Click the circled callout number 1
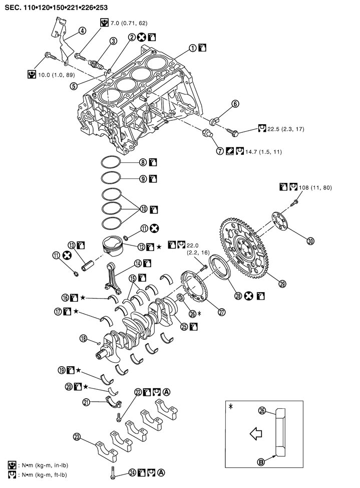click(x=192, y=49)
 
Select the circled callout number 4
click(x=82, y=31)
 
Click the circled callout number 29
click(x=283, y=284)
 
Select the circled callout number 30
click(x=310, y=241)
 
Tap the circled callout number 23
click(x=77, y=436)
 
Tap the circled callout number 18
click(x=83, y=338)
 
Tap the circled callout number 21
click(x=86, y=401)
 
